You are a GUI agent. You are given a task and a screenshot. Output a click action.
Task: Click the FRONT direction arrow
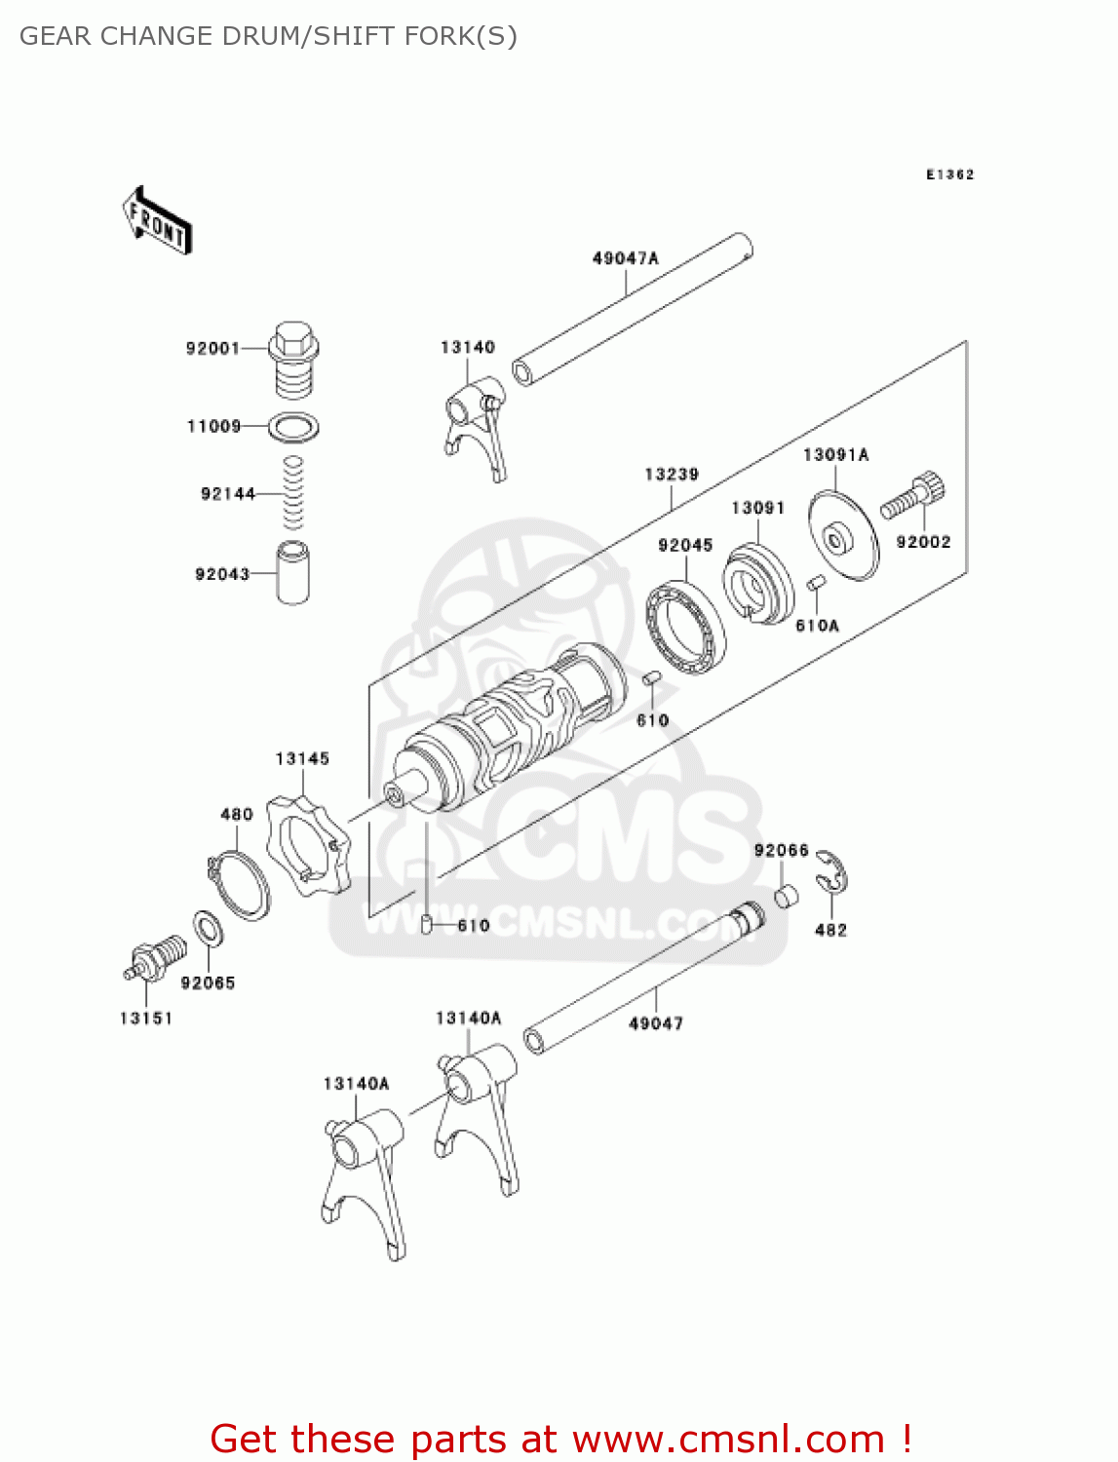point(157,220)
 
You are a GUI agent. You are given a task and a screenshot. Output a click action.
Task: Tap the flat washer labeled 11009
point(293,426)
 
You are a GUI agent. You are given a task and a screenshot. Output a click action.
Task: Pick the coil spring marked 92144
point(292,493)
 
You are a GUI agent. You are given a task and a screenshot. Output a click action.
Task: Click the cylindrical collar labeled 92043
point(292,573)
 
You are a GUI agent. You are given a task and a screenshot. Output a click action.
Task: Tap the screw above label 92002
point(914,495)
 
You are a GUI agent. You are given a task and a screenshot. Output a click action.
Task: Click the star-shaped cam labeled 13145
point(307,844)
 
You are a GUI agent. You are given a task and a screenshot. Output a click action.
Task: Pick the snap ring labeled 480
point(240,883)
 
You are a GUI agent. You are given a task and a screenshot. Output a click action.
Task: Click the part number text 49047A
point(626,258)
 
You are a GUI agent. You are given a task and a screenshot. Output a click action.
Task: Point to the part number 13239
point(672,475)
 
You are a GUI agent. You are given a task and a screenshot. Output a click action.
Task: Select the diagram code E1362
point(949,174)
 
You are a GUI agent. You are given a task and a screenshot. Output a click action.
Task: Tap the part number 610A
point(817,626)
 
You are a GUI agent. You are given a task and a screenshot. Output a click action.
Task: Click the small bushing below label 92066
point(787,895)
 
